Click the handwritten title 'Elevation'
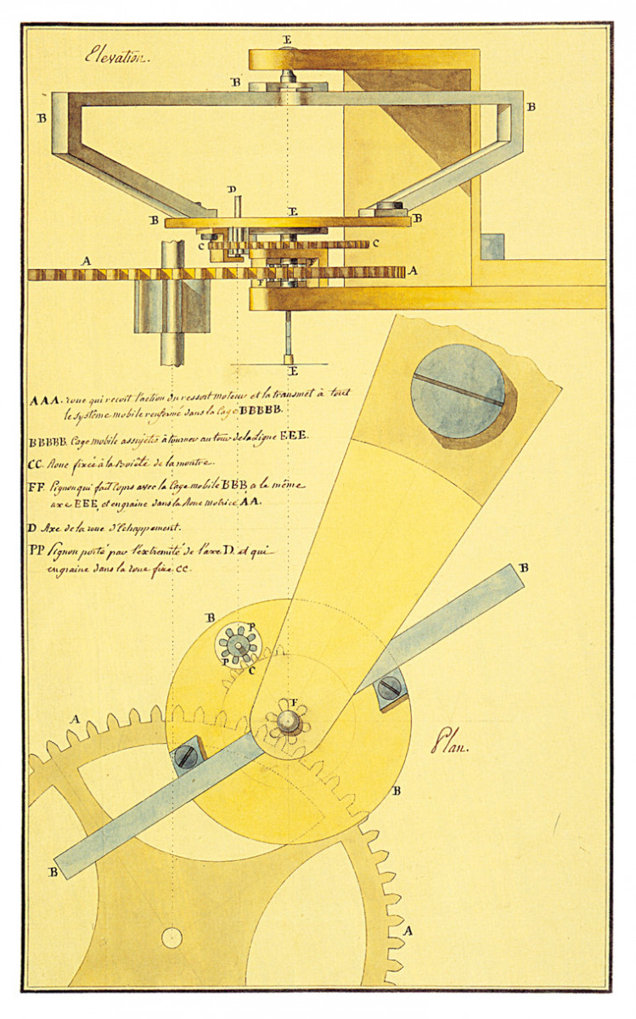pyautogui.click(x=116, y=58)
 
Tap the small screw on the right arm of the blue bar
pyautogui.click(x=388, y=687)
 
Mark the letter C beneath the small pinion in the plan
pyautogui.click(x=252, y=670)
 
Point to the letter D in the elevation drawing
pyautogui.click(x=232, y=189)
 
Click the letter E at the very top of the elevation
pyautogui.click(x=287, y=39)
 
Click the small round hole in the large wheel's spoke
pyautogui.click(x=172, y=938)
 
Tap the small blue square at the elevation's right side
pyautogui.click(x=492, y=247)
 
